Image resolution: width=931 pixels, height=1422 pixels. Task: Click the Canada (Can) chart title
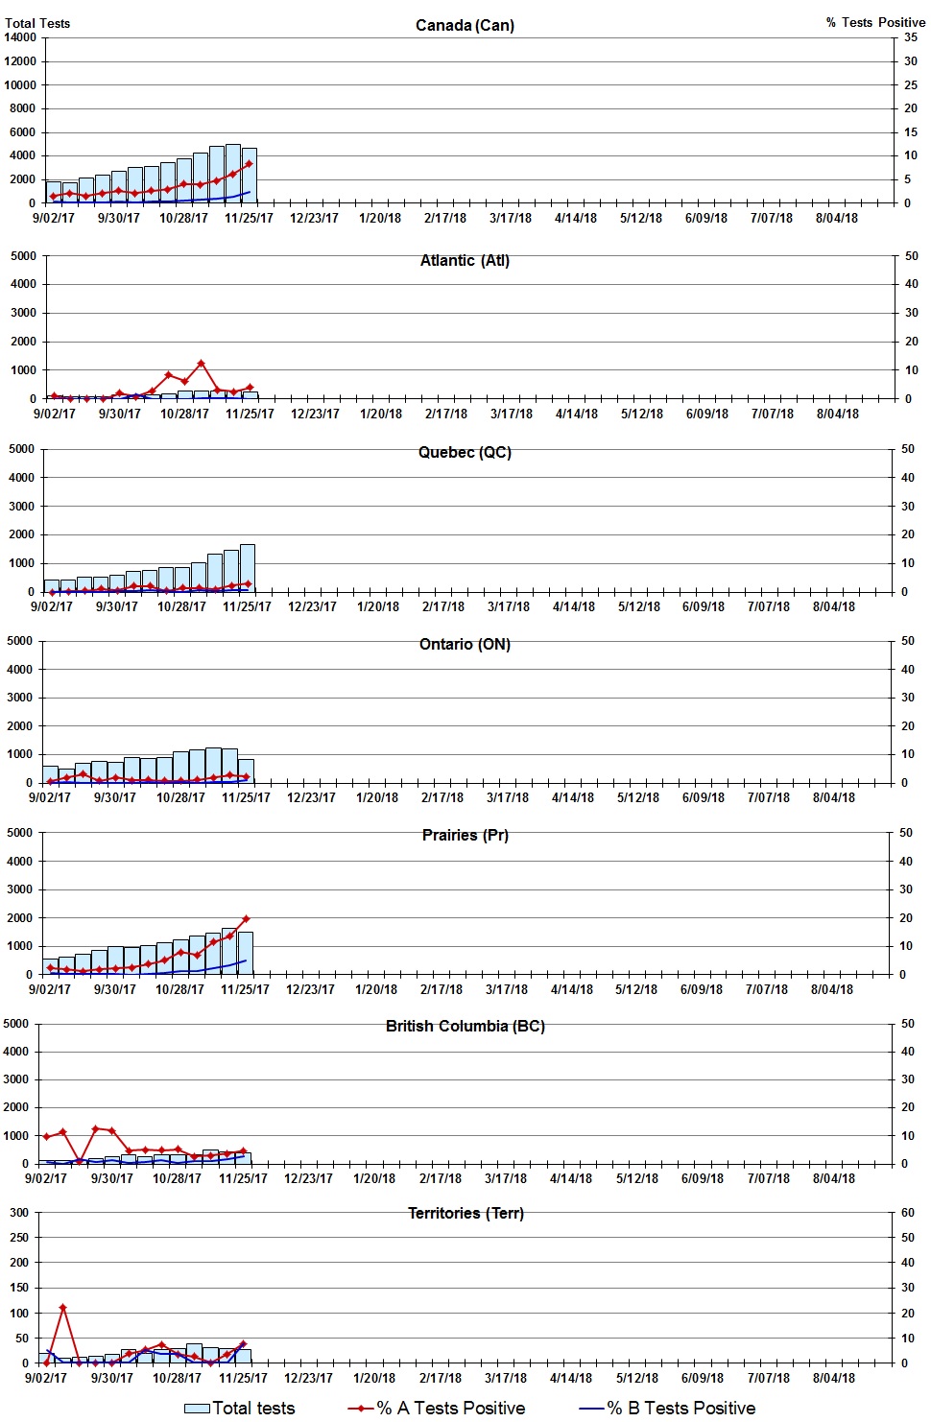465,25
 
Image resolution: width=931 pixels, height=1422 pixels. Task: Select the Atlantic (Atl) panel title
465,260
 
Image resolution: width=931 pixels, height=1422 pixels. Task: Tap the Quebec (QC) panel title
465,452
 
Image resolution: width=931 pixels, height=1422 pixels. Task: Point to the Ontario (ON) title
465,644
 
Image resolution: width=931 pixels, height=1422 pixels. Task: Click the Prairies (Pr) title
465,835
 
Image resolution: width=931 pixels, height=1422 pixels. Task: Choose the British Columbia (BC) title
465,1026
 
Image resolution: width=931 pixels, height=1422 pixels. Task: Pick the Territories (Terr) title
465,1213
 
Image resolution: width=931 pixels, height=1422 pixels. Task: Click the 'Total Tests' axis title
37,23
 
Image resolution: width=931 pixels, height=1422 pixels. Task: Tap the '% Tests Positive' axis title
875,22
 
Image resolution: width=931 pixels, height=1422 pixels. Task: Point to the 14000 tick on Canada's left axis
20,37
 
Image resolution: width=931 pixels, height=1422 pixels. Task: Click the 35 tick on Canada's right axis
911,37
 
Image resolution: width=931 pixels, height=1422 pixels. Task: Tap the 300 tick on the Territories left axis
19,1212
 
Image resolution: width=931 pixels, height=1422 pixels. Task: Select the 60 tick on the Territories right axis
908,1212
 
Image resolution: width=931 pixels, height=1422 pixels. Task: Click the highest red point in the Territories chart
63,1307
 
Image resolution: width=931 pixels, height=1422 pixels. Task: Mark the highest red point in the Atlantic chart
201,364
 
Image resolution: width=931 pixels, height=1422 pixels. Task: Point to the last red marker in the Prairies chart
246,919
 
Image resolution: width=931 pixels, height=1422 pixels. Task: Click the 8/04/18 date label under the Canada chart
837,218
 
